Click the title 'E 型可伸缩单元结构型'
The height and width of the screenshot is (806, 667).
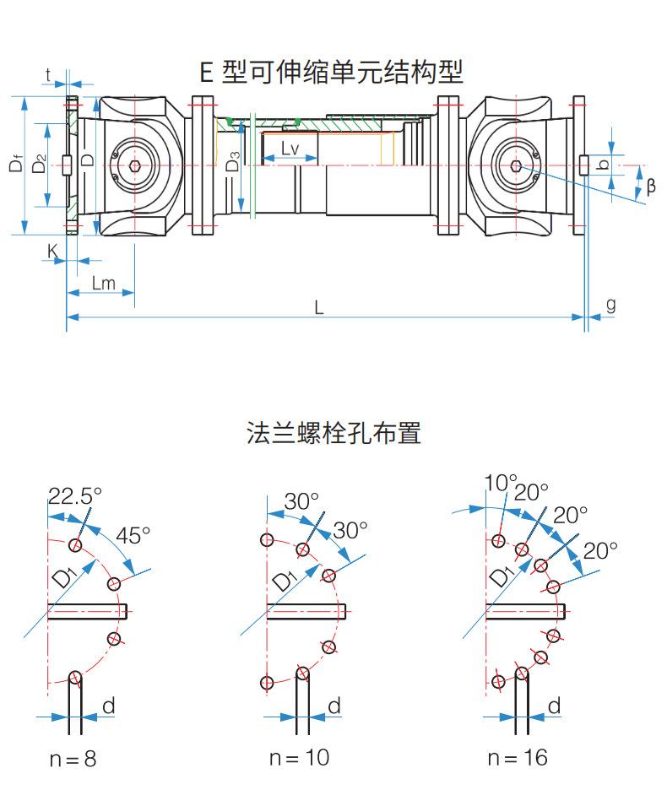pyautogui.click(x=332, y=71)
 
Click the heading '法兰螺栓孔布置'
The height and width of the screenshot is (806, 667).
pyautogui.click(x=333, y=433)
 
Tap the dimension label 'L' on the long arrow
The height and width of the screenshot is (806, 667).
pyautogui.click(x=319, y=307)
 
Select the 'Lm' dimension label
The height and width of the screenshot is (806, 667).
pyautogui.click(x=103, y=283)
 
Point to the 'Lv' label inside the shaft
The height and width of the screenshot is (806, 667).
pyautogui.click(x=289, y=149)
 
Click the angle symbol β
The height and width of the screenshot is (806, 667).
pyautogui.click(x=650, y=187)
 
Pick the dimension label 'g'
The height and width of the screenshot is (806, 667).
pyautogui.click(x=610, y=305)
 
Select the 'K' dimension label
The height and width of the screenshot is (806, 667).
pyautogui.click(x=52, y=251)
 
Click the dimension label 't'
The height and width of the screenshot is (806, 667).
pyautogui.click(x=49, y=75)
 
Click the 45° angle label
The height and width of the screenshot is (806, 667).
pyautogui.click(x=133, y=534)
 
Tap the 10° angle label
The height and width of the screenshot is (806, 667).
pyautogui.click(x=500, y=482)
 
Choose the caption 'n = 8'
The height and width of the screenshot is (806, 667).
pyautogui.click(x=73, y=759)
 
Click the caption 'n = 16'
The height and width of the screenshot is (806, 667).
pyautogui.click(x=518, y=757)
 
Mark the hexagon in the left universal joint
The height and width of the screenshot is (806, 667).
pyautogui.click(x=137, y=166)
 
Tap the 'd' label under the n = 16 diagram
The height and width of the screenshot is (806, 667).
pyautogui.click(x=555, y=706)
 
